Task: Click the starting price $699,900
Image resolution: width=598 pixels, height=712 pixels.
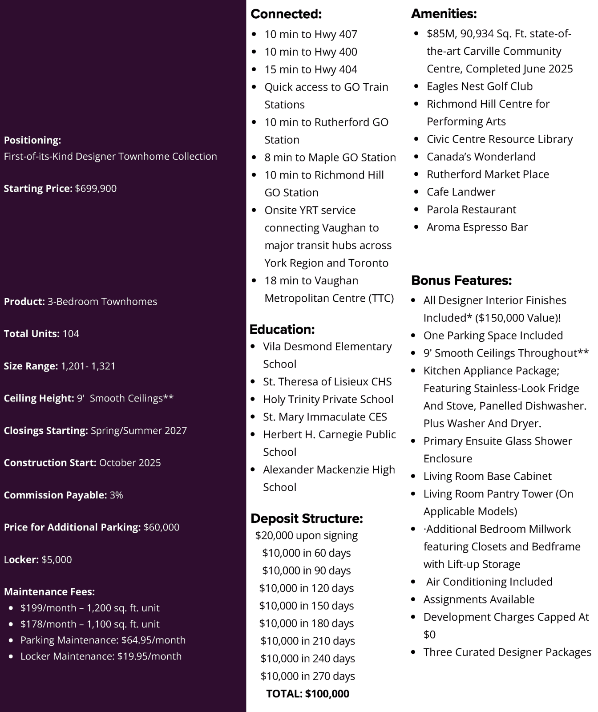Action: (96, 189)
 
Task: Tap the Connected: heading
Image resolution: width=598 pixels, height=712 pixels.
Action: (286, 14)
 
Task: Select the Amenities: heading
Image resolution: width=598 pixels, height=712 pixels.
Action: (444, 14)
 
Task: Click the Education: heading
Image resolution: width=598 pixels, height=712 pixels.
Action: (282, 330)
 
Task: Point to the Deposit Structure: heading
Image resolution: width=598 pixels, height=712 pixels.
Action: (307, 518)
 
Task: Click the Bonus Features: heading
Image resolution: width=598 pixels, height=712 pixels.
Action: (461, 281)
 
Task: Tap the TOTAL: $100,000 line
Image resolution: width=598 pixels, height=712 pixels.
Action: (307, 694)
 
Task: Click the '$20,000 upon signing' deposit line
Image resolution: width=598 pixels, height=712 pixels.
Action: (307, 535)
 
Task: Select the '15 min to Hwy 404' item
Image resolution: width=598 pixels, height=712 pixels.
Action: (311, 70)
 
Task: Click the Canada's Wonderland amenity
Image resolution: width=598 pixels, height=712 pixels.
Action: (481, 157)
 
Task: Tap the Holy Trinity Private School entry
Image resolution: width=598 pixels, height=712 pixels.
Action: (328, 400)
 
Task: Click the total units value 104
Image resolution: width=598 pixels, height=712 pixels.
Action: (71, 334)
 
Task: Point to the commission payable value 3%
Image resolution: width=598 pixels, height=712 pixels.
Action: (116, 495)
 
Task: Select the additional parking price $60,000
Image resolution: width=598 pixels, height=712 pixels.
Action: (162, 527)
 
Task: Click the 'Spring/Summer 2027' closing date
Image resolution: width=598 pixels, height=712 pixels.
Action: (139, 431)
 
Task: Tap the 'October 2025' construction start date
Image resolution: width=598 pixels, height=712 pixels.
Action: (130, 463)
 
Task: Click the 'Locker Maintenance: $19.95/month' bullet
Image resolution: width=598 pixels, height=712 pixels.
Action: (101, 656)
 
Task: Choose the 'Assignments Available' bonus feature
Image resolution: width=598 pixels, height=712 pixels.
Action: (479, 599)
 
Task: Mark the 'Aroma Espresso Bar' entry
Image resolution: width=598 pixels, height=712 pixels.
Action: (477, 227)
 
